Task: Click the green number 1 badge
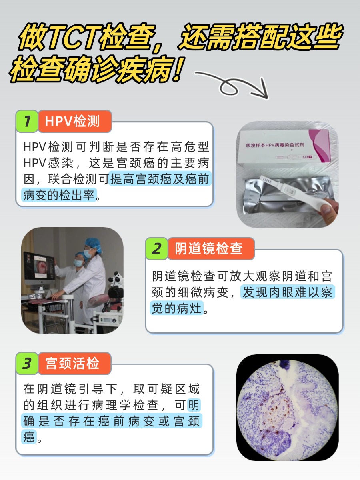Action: pos(27,121)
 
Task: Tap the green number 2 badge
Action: pos(156,249)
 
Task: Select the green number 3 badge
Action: pos(27,364)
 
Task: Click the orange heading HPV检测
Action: pos(72,121)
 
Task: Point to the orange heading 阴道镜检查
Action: pos(209,249)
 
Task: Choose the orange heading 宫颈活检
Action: pos(72,364)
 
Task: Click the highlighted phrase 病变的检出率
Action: pos(59,196)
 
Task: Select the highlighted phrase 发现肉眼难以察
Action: pos(287,292)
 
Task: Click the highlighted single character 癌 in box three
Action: pos(29,437)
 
